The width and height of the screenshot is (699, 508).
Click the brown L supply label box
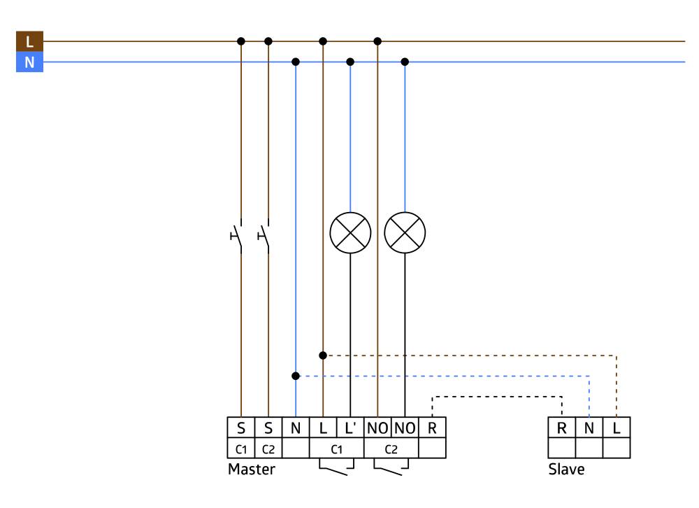click(29, 41)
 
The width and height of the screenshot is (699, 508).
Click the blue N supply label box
click(29, 62)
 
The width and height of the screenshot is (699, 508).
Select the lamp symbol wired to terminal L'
click(350, 232)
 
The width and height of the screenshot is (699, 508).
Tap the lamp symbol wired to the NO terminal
click(405, 232)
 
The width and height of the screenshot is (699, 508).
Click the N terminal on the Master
click(296, 428)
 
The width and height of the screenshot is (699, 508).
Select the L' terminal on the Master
click(350, 428)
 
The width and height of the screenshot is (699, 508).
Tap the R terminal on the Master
click(433, 428)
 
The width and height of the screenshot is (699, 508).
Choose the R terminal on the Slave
click(562, 428)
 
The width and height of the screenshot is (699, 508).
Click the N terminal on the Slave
click(589, 428)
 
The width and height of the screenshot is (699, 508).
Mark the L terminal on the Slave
click(617, 428)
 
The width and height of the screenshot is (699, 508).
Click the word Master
click(252, 470)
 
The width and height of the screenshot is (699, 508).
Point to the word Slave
click(566, 470)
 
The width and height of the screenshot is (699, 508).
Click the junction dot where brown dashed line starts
click(323, 355)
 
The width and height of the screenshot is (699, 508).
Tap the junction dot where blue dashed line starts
click(296, 376)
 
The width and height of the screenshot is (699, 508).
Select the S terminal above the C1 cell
click(241, 428)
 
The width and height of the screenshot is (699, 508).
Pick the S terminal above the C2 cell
click(268, 428)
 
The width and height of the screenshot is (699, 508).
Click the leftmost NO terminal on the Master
click(377, 428)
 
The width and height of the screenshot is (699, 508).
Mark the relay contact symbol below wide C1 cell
click(336, 467)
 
